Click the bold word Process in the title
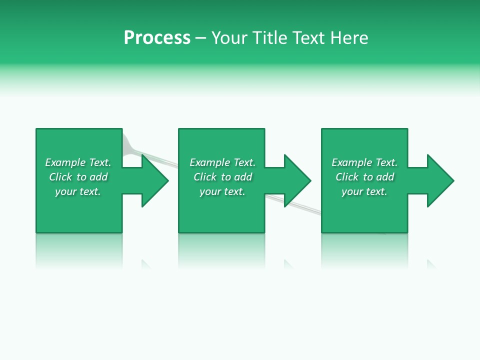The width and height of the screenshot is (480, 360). [157, 38]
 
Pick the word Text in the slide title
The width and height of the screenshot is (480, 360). [308, 38]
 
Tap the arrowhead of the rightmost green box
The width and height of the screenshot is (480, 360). [439, 180]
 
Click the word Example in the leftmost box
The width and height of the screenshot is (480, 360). [65, 162]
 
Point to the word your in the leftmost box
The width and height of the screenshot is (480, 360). [65, 191]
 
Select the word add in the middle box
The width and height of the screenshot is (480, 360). [243, 177]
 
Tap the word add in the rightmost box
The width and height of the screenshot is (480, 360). [385, 177]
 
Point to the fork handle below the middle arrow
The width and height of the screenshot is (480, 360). [300, 208]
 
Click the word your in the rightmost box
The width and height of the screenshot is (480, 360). [352, 191]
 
